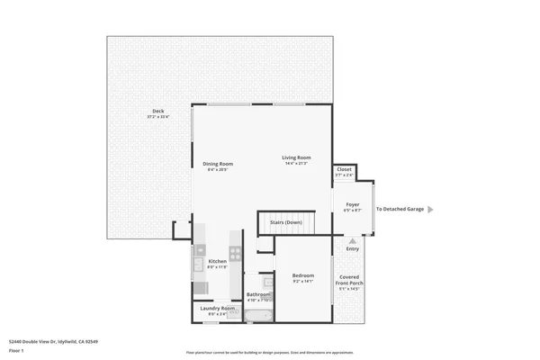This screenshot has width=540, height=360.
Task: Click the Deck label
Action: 157,112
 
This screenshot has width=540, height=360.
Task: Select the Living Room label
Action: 296,157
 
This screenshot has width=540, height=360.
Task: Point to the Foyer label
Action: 353,204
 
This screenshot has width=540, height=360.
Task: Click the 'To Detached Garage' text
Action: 400,209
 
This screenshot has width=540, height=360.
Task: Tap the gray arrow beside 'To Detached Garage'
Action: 430,209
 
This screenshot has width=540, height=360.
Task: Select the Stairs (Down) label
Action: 286,220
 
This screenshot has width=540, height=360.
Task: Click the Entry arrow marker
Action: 352,241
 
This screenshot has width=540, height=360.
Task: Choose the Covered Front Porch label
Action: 349,280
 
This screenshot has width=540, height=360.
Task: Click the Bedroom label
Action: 302,275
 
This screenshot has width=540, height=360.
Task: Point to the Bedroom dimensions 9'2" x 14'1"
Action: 302,282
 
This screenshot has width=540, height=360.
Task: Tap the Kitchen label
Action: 218,261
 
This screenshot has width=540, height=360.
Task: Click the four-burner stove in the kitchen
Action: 235,253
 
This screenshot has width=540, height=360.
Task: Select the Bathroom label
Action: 258,293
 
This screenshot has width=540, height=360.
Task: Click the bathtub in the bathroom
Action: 259,315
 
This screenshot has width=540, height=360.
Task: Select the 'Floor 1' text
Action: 15,351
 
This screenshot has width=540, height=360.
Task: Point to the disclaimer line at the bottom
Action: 269,353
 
